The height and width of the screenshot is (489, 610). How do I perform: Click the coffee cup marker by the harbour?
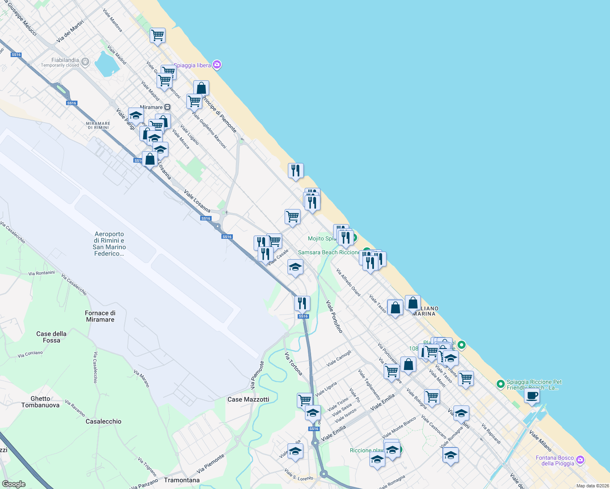[x=532, y=395]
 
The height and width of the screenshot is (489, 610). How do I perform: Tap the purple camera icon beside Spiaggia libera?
[x=217, y=65]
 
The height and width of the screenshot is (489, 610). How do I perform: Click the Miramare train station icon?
[x=167, y=107]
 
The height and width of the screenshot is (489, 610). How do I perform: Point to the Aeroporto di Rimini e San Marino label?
[x=109, y=244]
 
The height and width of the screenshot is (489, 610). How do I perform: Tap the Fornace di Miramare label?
[x=100, y=316]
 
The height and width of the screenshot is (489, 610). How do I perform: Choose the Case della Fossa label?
[x=51, y=337]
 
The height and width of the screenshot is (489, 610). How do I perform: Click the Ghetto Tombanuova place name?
[x=40, y=402]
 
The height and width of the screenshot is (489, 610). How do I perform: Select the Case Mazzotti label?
[x=248, y=399]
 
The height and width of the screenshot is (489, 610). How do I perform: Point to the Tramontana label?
[x=182, y=480]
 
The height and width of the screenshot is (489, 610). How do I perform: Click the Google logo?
[x=13, y=484]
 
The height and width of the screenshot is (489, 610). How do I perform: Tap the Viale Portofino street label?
[x=334, y=316]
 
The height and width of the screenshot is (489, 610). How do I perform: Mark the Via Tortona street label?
[x=294, y=363]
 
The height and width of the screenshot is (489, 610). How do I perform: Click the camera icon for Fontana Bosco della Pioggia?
[x=580, y=460]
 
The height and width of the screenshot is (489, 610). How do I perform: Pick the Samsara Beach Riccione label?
[x=329, y=252]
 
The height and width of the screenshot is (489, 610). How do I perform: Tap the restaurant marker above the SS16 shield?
[x=302, y=304]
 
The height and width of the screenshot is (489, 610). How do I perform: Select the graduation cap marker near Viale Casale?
[x=295, y=267]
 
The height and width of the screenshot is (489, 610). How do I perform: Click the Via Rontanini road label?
[x=42, y=273]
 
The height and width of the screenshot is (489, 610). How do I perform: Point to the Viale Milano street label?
[x=540, y=441]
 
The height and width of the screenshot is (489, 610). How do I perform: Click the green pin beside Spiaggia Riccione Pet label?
[x=500, y=384]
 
